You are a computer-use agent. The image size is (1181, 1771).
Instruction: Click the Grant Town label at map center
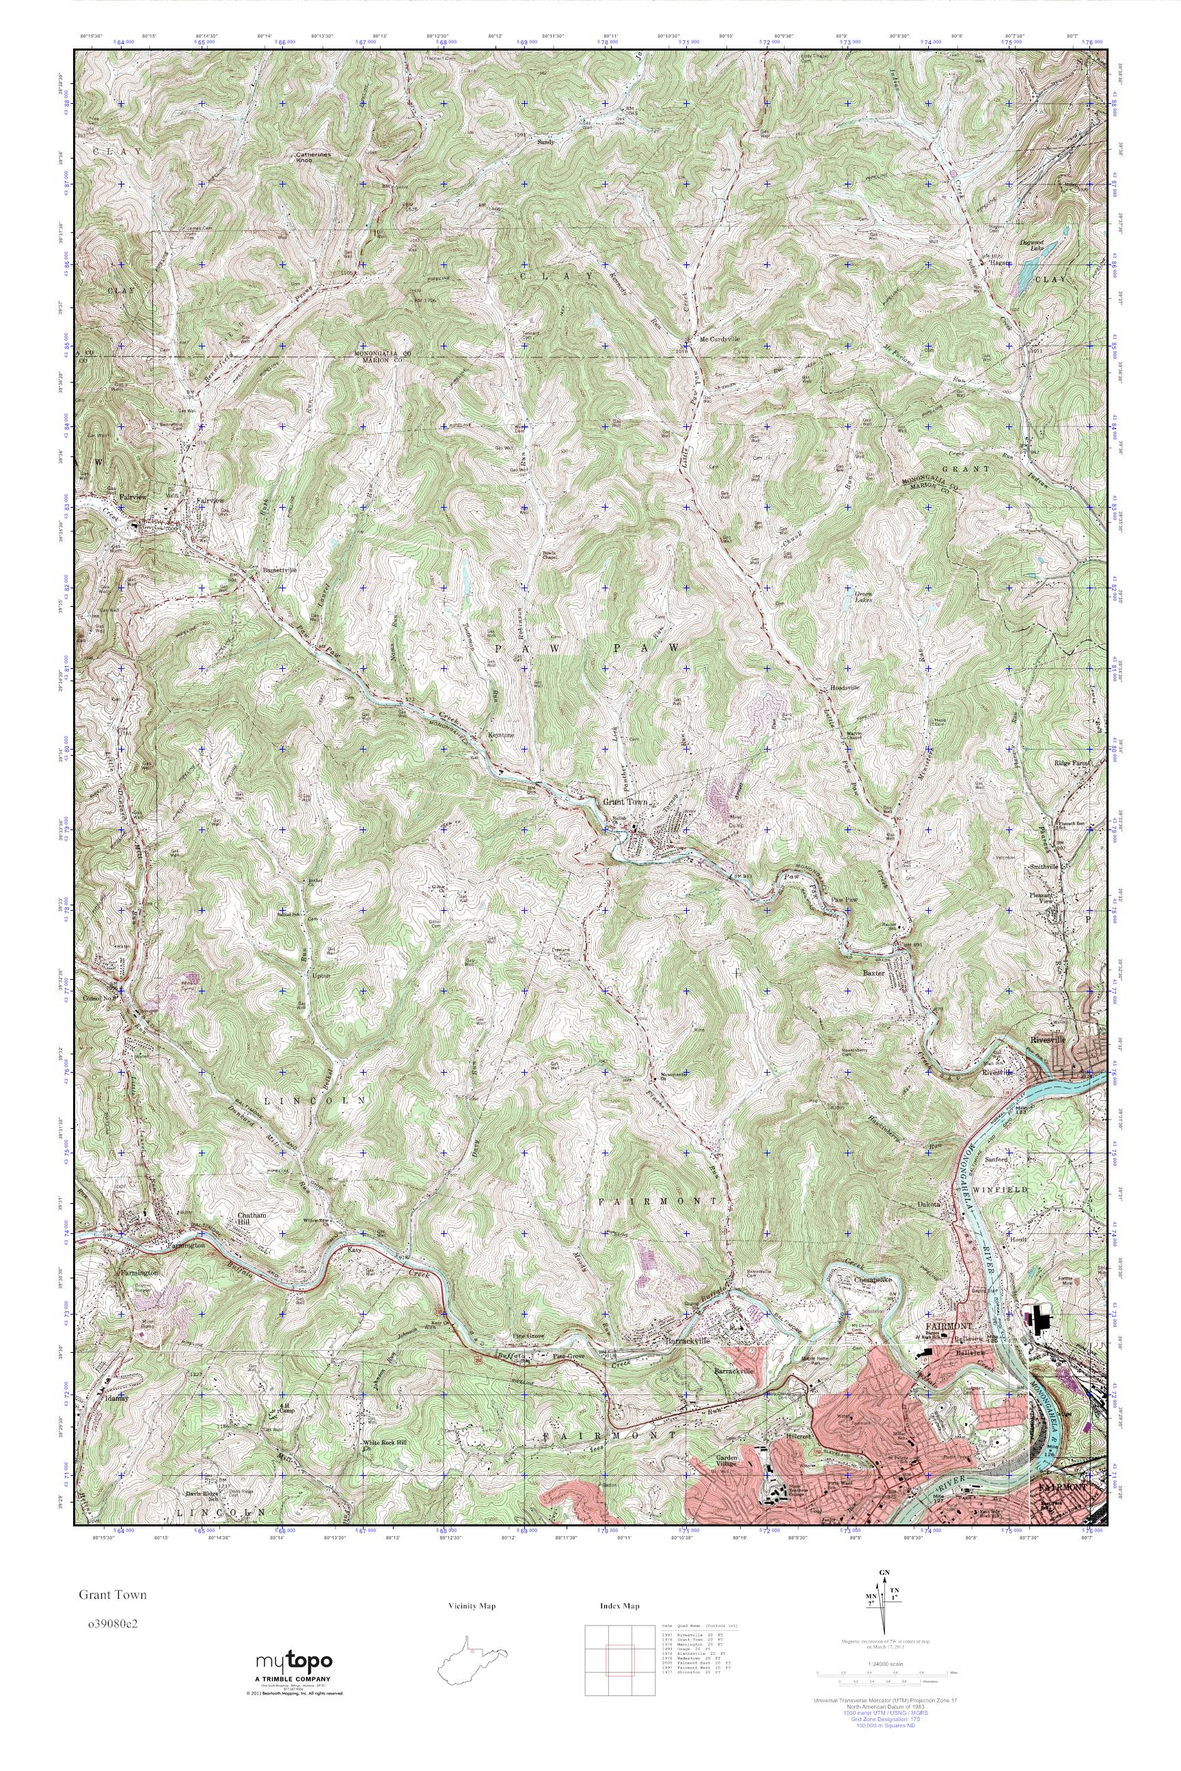[x=625, y=803]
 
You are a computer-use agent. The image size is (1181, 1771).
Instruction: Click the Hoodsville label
[x=844, y=688]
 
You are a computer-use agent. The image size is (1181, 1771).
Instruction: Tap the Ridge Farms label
[x=1072, y=763]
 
